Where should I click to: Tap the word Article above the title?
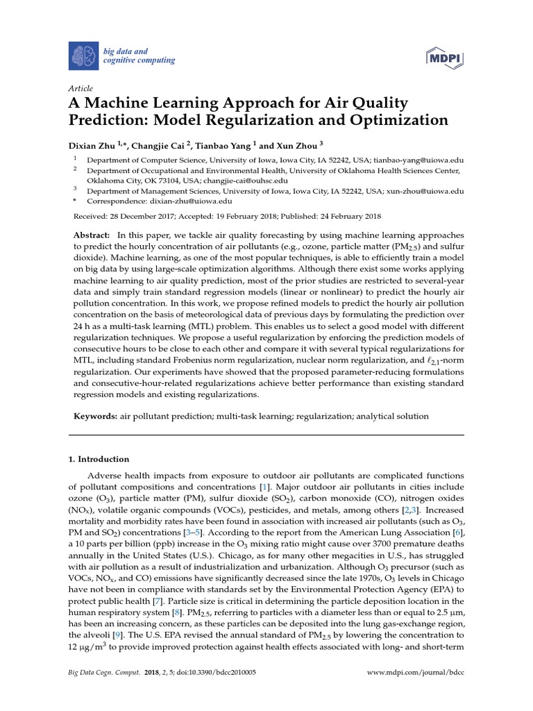tap(80, 89)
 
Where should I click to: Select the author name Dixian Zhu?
tap(91, 147)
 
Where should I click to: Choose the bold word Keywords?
tap(96, 416)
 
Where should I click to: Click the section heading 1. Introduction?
tap(98, 459)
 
